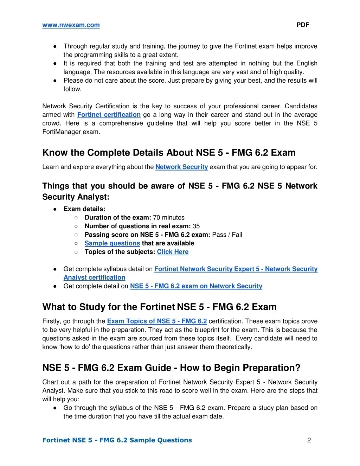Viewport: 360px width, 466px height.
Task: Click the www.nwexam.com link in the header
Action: click(x=71, y=25)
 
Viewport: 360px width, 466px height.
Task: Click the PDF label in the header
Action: click(x=303, y=25)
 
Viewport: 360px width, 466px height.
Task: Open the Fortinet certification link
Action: click(x=109, y=115)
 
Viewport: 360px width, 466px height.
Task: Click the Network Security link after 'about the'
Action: click(x=181, y=167)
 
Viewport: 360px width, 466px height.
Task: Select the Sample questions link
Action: click(x=112, y=243)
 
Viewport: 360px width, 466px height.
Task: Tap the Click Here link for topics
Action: click(x=173, y=252)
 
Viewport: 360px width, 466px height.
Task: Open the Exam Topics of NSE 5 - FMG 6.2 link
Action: click(x=157, y=321)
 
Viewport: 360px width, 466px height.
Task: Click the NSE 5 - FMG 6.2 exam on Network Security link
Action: click(x=196, y=286)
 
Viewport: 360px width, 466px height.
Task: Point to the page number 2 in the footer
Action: click(x=309, y=440)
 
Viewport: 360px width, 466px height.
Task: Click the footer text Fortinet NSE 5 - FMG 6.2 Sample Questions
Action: click(x=117, y=440)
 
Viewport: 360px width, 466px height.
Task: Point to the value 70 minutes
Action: click(x=169, y=218)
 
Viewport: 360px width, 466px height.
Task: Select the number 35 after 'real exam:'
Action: click(x=196, y=226)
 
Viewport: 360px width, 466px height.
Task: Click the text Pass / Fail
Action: click(x=227, y=235)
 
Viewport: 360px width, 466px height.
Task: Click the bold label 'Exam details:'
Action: click(x=84, y=209)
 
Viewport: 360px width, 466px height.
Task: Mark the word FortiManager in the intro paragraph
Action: click(x=61, y=132)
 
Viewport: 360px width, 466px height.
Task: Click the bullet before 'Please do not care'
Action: click(x=55, y=81)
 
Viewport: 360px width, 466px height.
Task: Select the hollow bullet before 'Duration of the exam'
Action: click(x=76, y=218)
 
